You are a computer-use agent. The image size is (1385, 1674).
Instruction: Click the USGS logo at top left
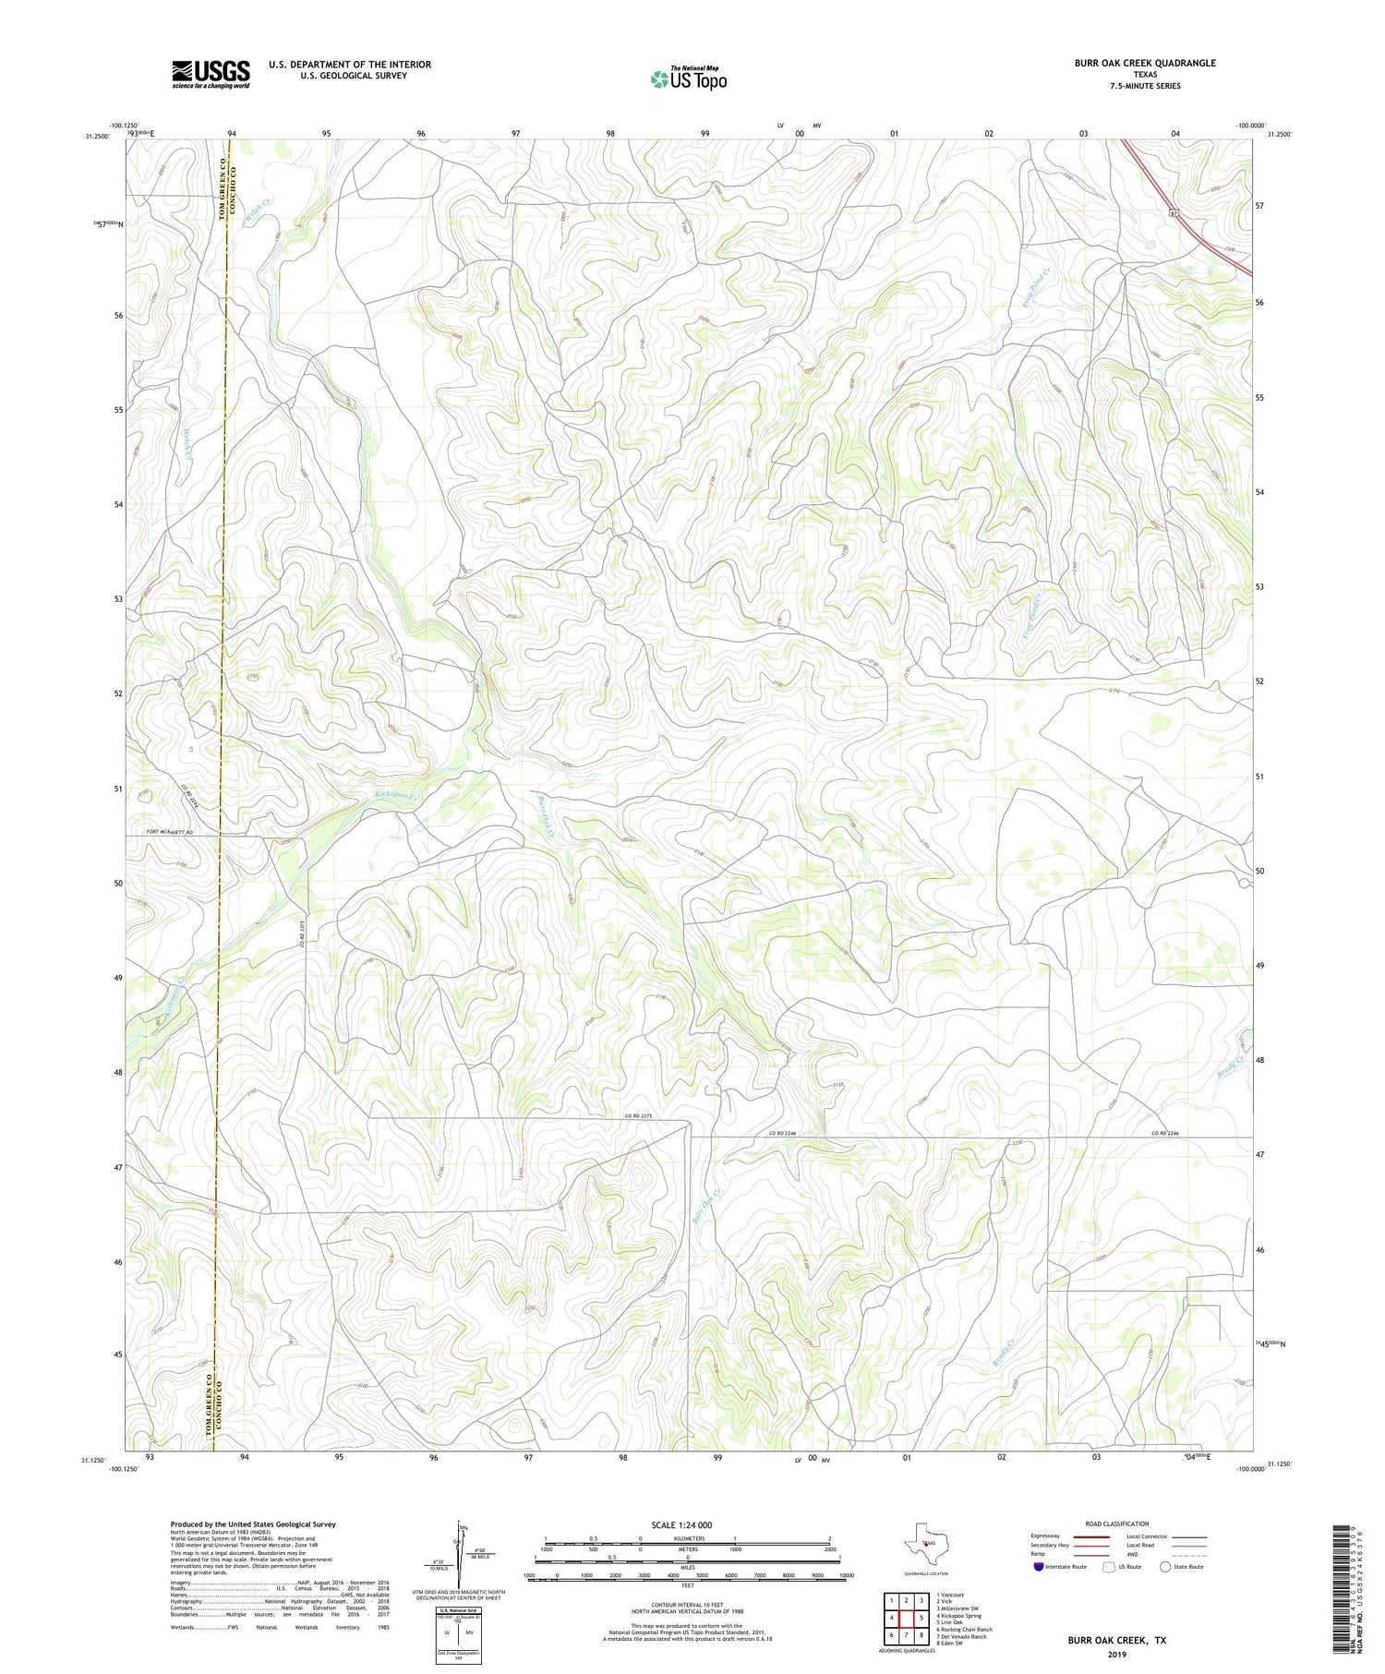click(x=211, y=74)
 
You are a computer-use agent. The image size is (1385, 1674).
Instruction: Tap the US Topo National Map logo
click(x=688, y=78)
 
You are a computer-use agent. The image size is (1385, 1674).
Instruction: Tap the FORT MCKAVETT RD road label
click(x=169, y=834)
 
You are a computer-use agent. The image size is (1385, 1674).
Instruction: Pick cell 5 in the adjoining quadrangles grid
click(x=921, y=1618)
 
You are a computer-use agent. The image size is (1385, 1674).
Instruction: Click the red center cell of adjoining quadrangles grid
click(x=906, y=1618)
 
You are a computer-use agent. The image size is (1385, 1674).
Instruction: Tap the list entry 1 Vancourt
click(x=949, y=1595)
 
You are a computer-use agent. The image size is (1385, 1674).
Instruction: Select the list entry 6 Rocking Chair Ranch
click(x=964, y=1629)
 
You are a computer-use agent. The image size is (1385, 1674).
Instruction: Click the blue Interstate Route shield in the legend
click(x=1038, y=1567)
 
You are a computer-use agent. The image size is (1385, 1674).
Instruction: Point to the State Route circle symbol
click(x=1165, y=1566)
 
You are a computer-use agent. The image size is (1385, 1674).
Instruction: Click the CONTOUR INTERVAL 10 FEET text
click(x=687, y=1606)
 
